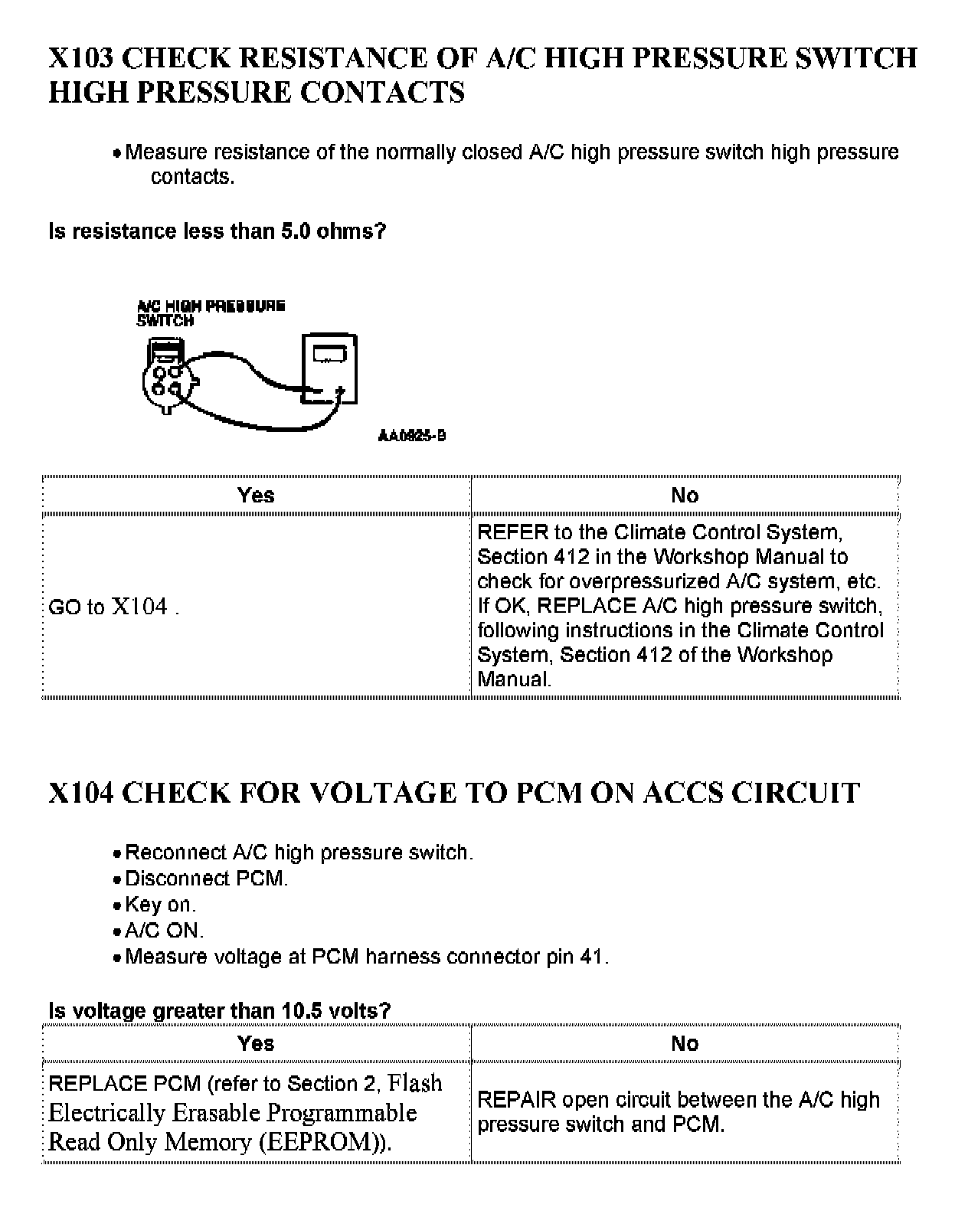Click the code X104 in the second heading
point(80,793)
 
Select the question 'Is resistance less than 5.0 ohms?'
point(217,231)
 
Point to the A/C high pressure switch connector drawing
point(168,375)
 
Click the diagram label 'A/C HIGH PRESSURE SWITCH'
point(211,313)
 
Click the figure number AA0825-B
point(412,436)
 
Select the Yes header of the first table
point(256,496)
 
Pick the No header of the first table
point(685,496)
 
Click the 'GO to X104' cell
point(113,607)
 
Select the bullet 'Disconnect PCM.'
point(206,879)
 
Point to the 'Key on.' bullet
point(160,905)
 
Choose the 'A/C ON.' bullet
point(164,931)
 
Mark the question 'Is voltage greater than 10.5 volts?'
point(220,1011)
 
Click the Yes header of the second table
point(256,1043)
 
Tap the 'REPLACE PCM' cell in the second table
point(245,1112)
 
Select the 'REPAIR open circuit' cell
point(679,1112)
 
